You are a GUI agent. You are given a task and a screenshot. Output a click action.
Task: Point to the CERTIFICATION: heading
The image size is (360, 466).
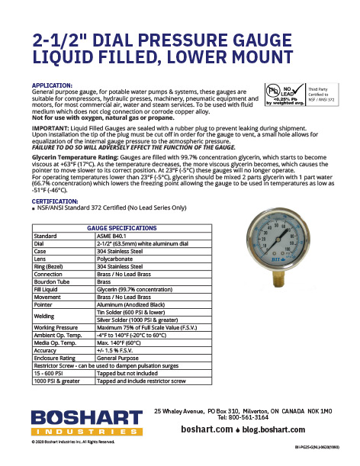[x=56, y=202]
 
